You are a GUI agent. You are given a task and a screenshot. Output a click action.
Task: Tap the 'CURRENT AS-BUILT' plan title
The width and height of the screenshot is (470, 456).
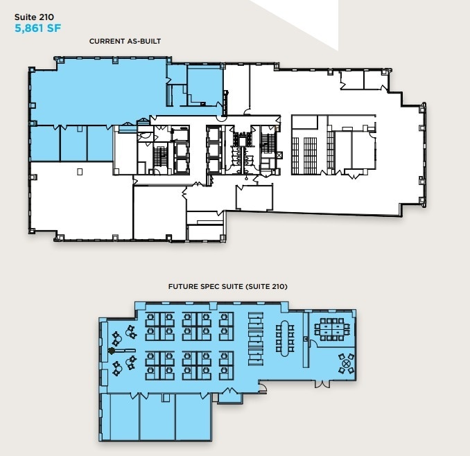tap(125, 42)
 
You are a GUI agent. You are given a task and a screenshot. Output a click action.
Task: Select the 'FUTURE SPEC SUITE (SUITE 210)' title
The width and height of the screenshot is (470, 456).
tap(228, 286)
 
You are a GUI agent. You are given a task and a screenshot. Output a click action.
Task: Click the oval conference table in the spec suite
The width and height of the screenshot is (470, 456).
tap(285, 337)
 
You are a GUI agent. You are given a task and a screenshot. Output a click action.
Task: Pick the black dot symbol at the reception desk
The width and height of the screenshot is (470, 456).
tap(110, 351)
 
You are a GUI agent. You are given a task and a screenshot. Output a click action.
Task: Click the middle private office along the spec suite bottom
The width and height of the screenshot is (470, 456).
tap(157, 416)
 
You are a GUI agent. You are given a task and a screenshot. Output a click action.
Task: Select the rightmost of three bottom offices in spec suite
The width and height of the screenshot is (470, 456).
tap(192, 416)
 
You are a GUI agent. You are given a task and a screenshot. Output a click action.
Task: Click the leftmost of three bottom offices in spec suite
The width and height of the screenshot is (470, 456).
tap(120, 416)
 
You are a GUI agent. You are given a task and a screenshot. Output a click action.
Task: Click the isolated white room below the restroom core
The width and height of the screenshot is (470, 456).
tap(254, 197)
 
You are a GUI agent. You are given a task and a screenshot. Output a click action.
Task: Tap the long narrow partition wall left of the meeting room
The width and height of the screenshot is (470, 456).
tap(305, 340)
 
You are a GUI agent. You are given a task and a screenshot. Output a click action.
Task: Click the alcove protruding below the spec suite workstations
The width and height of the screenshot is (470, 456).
tap(229, 396)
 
